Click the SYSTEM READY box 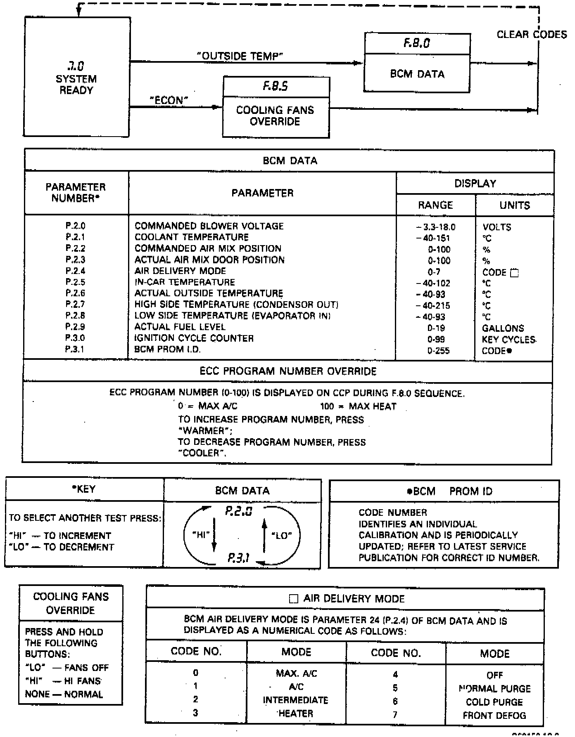pyautogui.click(x=77, y=77)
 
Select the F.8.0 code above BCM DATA pyautogui.click(x=416, y=43)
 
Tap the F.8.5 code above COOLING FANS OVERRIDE pyautogui.click(x=276, y=86)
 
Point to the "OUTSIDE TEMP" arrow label pyautogui.click(x=240, y=56)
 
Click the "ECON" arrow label pyautogui.click(x=169, y=100)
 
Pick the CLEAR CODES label pyautogui.click(x=532, y=35)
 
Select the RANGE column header pyautogui.click(x=435, y=205)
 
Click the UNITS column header pyautogui.click(x=515, y=205)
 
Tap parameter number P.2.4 pyautogui.click(x=75, y=271)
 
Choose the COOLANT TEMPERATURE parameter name pyautogui.click(x=192, y=237)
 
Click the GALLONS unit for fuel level pyautogui.click(x=503, y=328)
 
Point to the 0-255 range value pyautogui.click(x=439, y=351)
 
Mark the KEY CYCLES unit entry pyautogui.click(x=509, y=340)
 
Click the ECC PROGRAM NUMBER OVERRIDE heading pyautogui.click(x=288, y=371)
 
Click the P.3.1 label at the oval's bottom pyautogui.click(x=239, y=559)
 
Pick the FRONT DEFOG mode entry pyautogui.click(x=494, y=716)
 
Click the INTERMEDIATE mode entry pyautogui.click(x=296, y=700)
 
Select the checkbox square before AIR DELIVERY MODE pyautogui.click(x=293, y=599)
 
